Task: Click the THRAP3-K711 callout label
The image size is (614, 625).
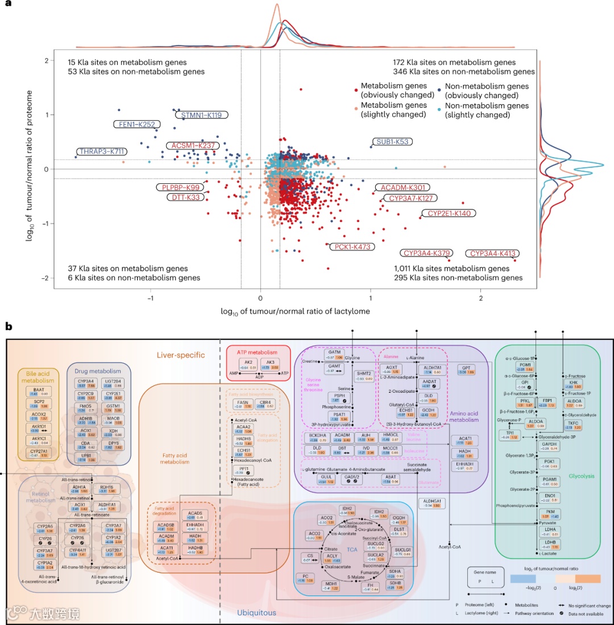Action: click(103, 151)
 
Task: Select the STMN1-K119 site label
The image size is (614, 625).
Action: click(205, 115)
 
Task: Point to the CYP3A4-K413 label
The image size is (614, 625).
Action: click(493, 254)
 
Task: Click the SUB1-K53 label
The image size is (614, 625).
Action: click(393, 141)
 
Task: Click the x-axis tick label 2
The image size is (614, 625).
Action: click(481, 298)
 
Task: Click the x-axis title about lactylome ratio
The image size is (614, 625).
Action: click(292, 311)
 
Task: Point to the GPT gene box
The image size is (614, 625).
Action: click(466, 368)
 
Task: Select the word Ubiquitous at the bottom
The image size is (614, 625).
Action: click(256, 612)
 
